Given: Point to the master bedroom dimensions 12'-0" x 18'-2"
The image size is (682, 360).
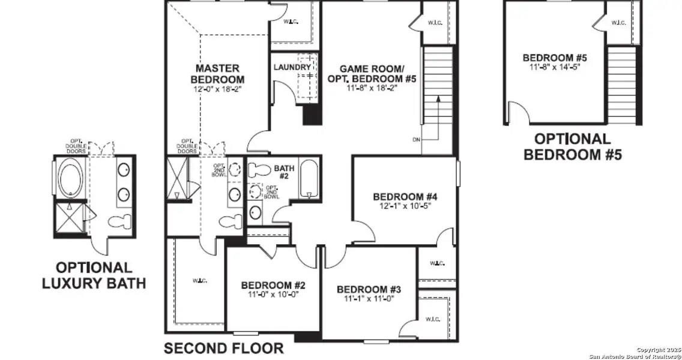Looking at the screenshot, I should (217, 89).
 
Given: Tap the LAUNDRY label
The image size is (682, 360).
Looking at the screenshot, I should (292, 67).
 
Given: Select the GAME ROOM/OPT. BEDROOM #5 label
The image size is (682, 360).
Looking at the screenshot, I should (372, 73).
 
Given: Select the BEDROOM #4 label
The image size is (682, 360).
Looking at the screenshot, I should (405, 196).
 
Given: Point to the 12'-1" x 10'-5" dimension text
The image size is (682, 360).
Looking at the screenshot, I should (405, 206).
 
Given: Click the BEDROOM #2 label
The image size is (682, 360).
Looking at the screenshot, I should (273, 285).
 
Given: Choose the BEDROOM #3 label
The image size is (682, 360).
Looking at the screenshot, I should (369, 289).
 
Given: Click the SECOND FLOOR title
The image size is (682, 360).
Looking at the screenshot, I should (223, 348).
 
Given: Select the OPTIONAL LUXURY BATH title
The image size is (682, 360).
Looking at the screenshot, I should (94, 275).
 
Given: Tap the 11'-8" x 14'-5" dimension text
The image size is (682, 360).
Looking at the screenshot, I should (554, 67).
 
